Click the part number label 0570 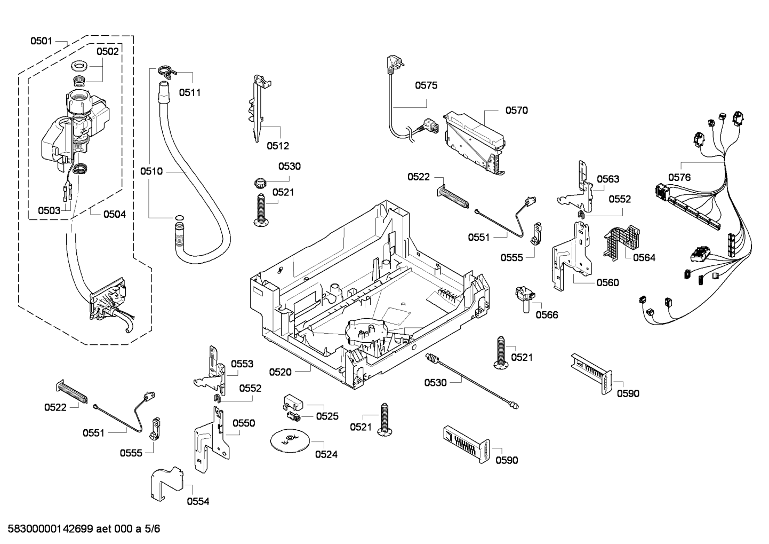[x=516, y=111]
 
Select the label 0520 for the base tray [x=280, y=372]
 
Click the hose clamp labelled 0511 [x=167, y=71]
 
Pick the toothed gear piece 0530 [x=260, y=183]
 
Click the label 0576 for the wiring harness [x=679, y=177]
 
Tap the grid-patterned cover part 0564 [x=621, y=242]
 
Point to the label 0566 [x=547, y=315]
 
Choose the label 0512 [x=278, y=146]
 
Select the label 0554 [x=198, y=501]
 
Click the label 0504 [x=115, y=215]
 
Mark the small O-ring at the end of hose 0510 [x=179, y=217]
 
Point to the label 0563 [x=608, y=179]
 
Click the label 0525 [x=327, y=416]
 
